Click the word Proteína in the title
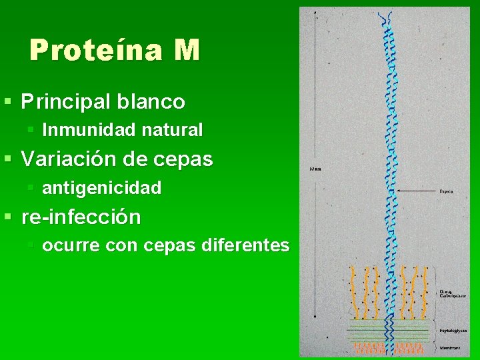pyautogui.click(x=91, y=50)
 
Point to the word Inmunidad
pyautogui.click(x=84, y=129)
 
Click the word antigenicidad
pyautogui.click(x=101, y=189)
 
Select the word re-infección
pyautogui.click(x=81, y=217)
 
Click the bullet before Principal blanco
pyautogui.click(x=7, y=102)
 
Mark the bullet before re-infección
pyautogui.click(x=7, y=217)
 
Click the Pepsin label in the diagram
pyautogui.click(x=446, y=191)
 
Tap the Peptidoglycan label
pyautogui.click(x=453, y=330)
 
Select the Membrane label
pyautogui.click(x=449, y=348)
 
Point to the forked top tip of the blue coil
pyautogui.click(x=385, y=16)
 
